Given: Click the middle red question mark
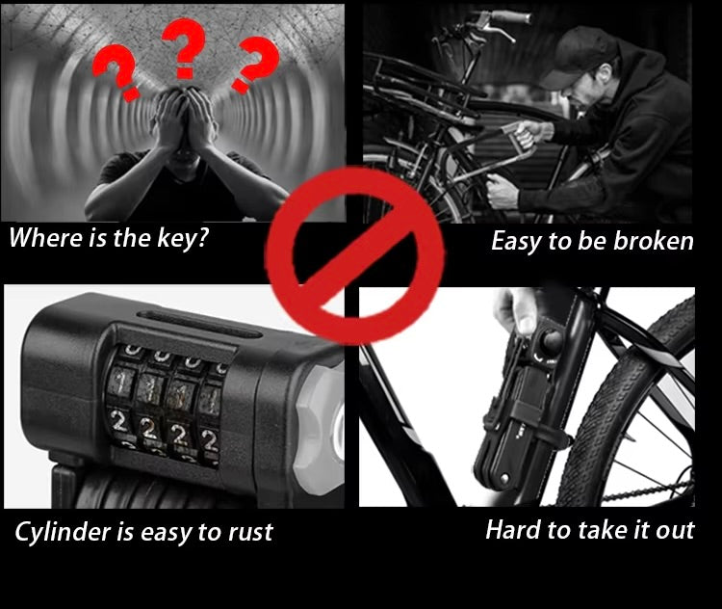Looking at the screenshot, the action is click(x=183, y=47).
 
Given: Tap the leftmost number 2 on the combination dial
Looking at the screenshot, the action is click(x=118, y=423).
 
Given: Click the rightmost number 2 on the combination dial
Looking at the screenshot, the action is click(x=210, y=441).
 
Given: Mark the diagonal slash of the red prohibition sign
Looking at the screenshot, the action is click(x=353, y=256).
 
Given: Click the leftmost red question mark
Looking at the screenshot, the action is click(x=116, y=72).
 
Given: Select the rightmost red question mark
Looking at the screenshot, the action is click(x=255, y=65).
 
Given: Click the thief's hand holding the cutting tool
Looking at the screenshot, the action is click(x=533, y=131).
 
